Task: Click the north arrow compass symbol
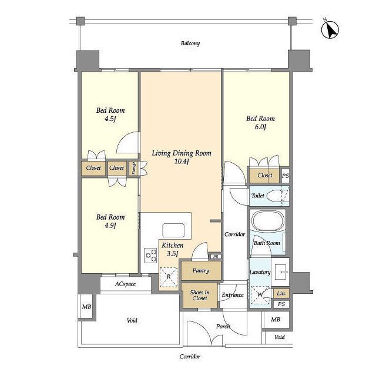pos(330,30)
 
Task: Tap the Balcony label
pos(190,43)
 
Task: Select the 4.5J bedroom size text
pos(110,119)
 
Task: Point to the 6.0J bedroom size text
pos(260,127)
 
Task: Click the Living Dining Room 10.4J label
pos(182,157)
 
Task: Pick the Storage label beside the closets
pos(134,169)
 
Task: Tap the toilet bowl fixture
pos(276,196)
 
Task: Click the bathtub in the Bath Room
pos(267,221)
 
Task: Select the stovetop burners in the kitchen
pos(150,256)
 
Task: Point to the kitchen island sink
pos(173,230)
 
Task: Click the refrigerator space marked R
pos(169,277)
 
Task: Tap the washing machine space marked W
pos(260,296)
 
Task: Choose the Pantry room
pos(201,271)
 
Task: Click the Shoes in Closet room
pos(200,296)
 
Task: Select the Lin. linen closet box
pos(281,293)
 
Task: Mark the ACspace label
pos(125,284)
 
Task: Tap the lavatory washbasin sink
pos(281,272)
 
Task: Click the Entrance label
pos(233,295)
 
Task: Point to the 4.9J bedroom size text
pos(110,226)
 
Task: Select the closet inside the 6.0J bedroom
pos(264,176)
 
